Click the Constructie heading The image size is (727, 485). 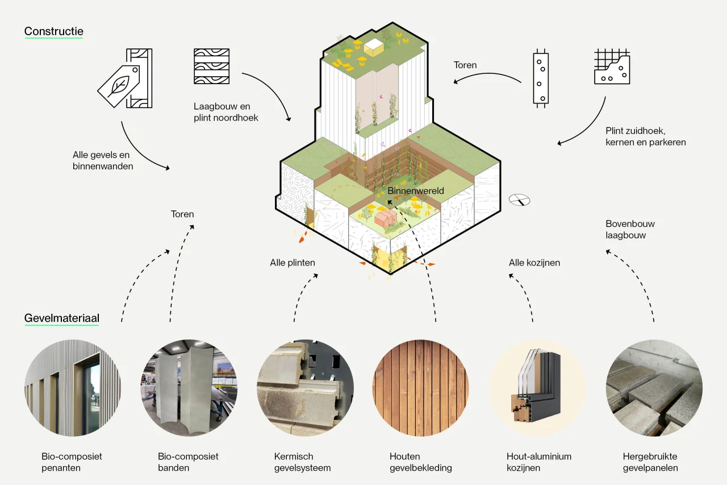pos(54,31)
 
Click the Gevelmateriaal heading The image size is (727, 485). pos(62,318)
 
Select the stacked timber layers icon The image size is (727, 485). pos(212,67)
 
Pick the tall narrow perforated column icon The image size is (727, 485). pos(541,78)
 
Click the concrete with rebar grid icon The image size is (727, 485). pos(612,67)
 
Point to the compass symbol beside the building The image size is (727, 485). pos(519,200)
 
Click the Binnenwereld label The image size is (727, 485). pos(416,190)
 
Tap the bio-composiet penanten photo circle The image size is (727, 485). pos(73,388)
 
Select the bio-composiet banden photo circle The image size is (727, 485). pos(189,388)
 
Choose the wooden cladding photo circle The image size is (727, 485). pos(421,388)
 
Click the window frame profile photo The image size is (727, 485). pos(537,388)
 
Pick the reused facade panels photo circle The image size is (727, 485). pos(654,388)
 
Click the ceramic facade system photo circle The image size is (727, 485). pos(305,388)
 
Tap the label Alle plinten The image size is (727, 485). pos(293,263)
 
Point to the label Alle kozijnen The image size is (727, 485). pos(534,263)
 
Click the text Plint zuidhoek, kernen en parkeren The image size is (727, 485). pos(646,136)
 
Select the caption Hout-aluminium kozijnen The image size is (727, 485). pos(539,462)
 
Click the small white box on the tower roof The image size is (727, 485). pos(374,47)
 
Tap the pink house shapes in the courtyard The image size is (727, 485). pos(386,217)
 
